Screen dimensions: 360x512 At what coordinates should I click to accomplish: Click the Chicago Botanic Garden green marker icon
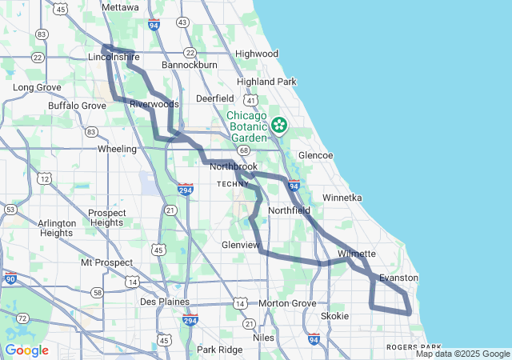279,124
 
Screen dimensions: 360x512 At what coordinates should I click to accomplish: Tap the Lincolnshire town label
114,58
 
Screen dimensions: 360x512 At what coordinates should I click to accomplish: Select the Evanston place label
398,278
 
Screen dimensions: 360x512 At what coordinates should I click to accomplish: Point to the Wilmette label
356,254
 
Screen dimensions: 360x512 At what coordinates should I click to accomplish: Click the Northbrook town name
234,167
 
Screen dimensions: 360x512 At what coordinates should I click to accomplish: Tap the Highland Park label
267,82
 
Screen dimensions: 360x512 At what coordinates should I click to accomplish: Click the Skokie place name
334,316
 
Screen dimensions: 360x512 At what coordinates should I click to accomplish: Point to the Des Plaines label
165,302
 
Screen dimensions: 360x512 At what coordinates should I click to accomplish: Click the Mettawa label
121,7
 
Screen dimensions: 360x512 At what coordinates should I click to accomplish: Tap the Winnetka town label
342,197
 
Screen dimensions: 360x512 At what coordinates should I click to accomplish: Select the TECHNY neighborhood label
234,184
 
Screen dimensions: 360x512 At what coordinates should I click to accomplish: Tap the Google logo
26,350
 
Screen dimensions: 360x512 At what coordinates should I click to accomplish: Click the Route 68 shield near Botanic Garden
243,150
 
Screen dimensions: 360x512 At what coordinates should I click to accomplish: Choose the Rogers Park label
409,347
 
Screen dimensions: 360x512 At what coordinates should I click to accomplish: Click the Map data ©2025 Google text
462,354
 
